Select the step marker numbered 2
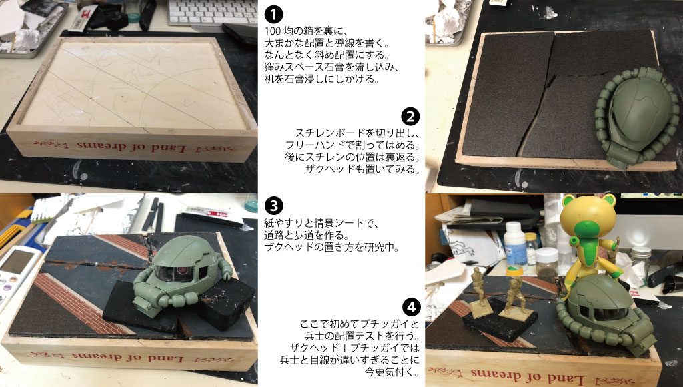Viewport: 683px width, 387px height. [412, 117]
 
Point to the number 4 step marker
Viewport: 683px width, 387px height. [412, 308]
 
